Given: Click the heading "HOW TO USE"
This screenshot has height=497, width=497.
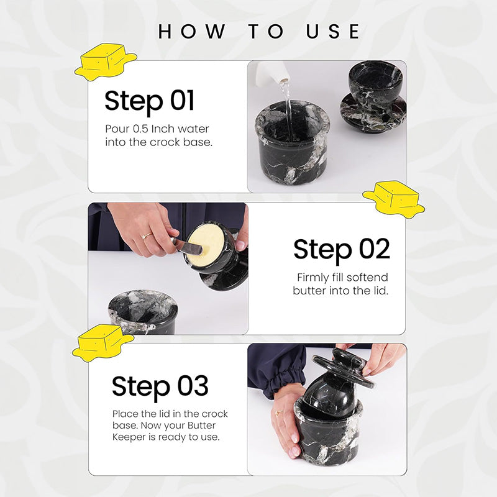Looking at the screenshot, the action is coord(259,31).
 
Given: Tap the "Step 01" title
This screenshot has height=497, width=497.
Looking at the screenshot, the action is coord(149,101).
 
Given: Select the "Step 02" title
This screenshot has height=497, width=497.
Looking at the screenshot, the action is coord(341,250).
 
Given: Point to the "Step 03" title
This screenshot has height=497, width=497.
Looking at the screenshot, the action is coord(160,386).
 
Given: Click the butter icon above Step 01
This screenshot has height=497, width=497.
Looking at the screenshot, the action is coord(105,61).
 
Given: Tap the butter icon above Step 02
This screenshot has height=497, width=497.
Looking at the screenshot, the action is coord(393,199).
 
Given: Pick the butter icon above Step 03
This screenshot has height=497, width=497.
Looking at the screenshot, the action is coord(102,343).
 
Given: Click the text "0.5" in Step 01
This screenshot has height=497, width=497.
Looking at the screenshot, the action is coord(140,129).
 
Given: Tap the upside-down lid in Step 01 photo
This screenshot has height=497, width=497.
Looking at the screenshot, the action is coord(373,101).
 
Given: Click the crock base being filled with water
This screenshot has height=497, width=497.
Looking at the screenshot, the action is coord(292,144).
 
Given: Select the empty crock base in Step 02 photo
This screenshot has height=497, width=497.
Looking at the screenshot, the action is coord(143,312).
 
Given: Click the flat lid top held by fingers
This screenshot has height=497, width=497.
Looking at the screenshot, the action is coord(343,367).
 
